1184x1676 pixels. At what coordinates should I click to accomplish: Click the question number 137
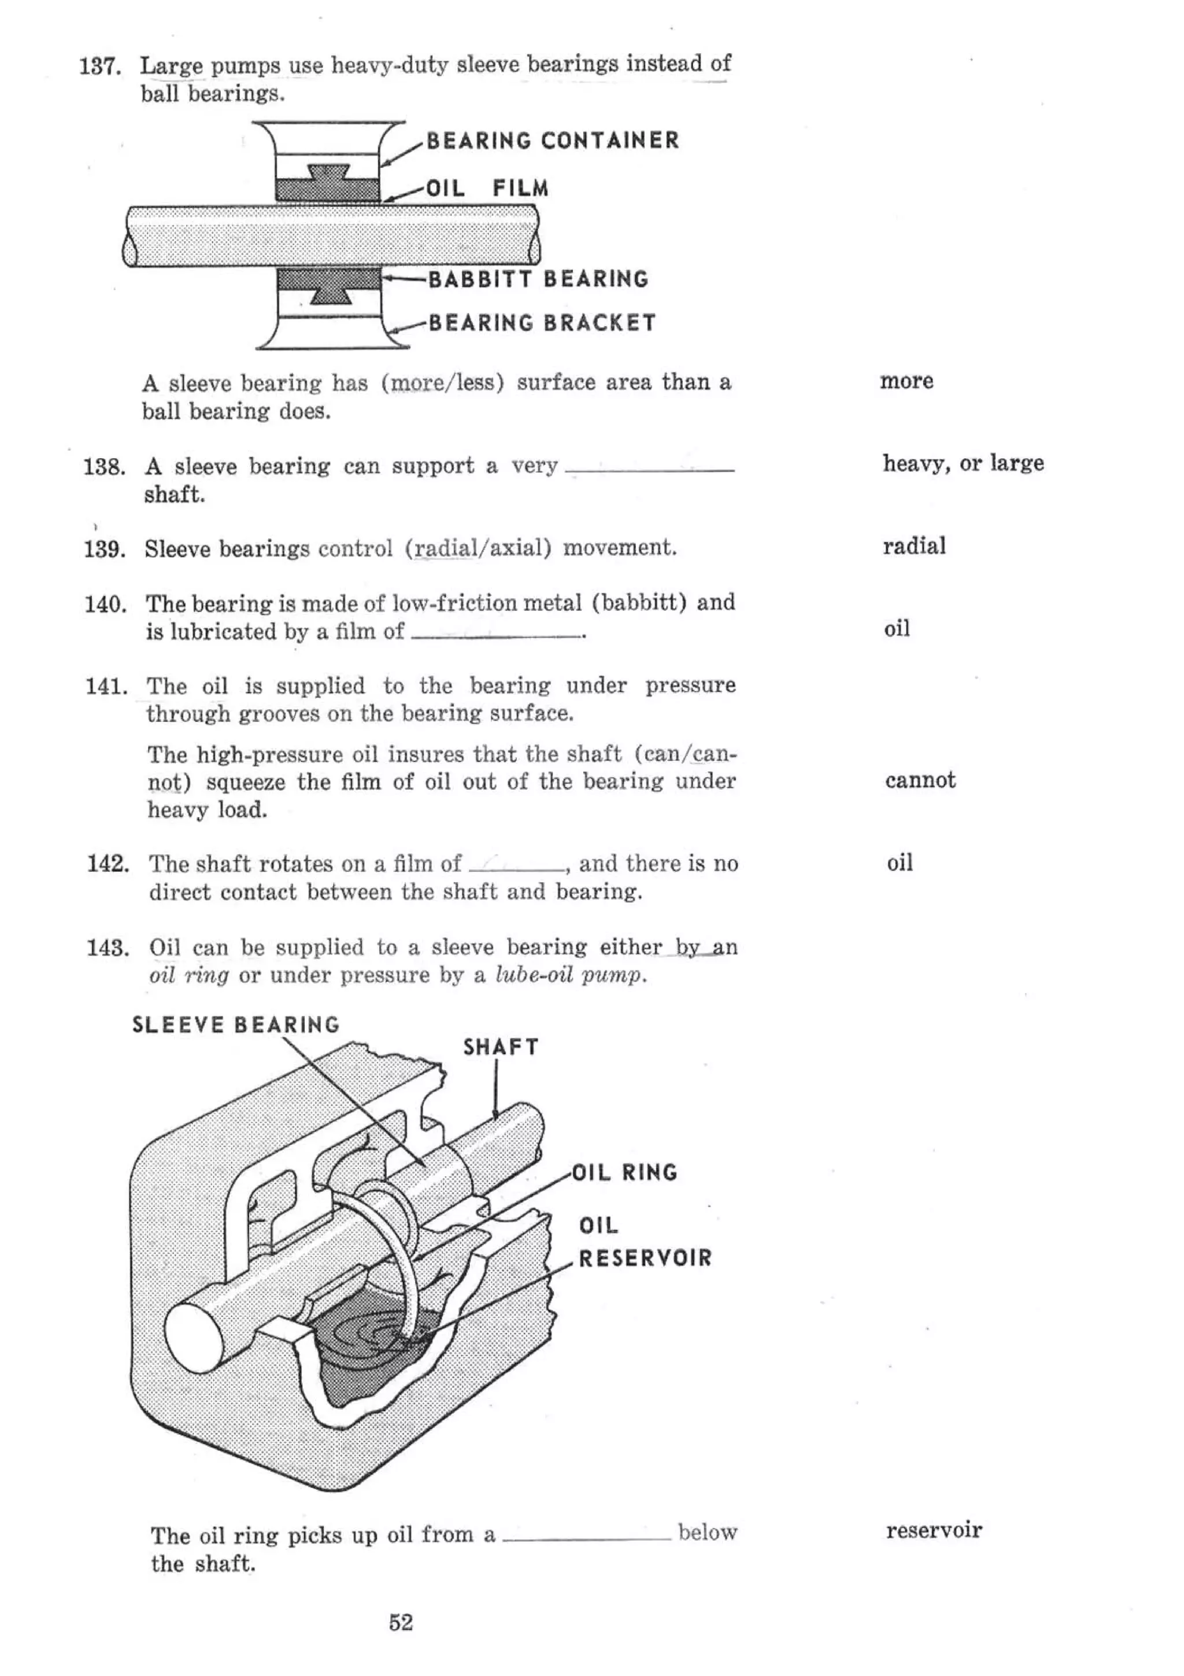click(x=100, y=67)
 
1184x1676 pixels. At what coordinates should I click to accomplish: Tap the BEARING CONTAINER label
click(x=552, y=140)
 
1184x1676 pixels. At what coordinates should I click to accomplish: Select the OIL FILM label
click(x=487, y=189)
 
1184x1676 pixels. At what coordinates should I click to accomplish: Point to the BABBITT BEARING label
click(x=538, y=279)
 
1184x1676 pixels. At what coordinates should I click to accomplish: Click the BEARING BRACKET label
click(x=542, y=323)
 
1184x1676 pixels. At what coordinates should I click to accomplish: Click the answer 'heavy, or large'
click(x=963, y=463)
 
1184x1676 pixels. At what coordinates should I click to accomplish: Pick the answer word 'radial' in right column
click(x=914, y=546)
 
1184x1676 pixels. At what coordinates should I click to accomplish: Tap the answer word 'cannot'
click(x=920, y=780)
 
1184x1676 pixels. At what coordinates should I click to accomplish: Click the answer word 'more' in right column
click(x=906, y=381)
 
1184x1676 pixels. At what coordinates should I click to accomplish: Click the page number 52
click(x=401, y=1623)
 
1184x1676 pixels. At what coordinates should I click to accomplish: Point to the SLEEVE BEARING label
click(x=236, y=1025)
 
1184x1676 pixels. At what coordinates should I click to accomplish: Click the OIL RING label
click(x=624, y=1173)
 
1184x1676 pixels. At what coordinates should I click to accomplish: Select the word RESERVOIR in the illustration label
click(x=645, y=1258)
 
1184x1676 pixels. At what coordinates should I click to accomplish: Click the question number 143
click(x=108, y=948)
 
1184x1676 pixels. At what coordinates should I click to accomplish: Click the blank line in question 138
click(x=649, y=471)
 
